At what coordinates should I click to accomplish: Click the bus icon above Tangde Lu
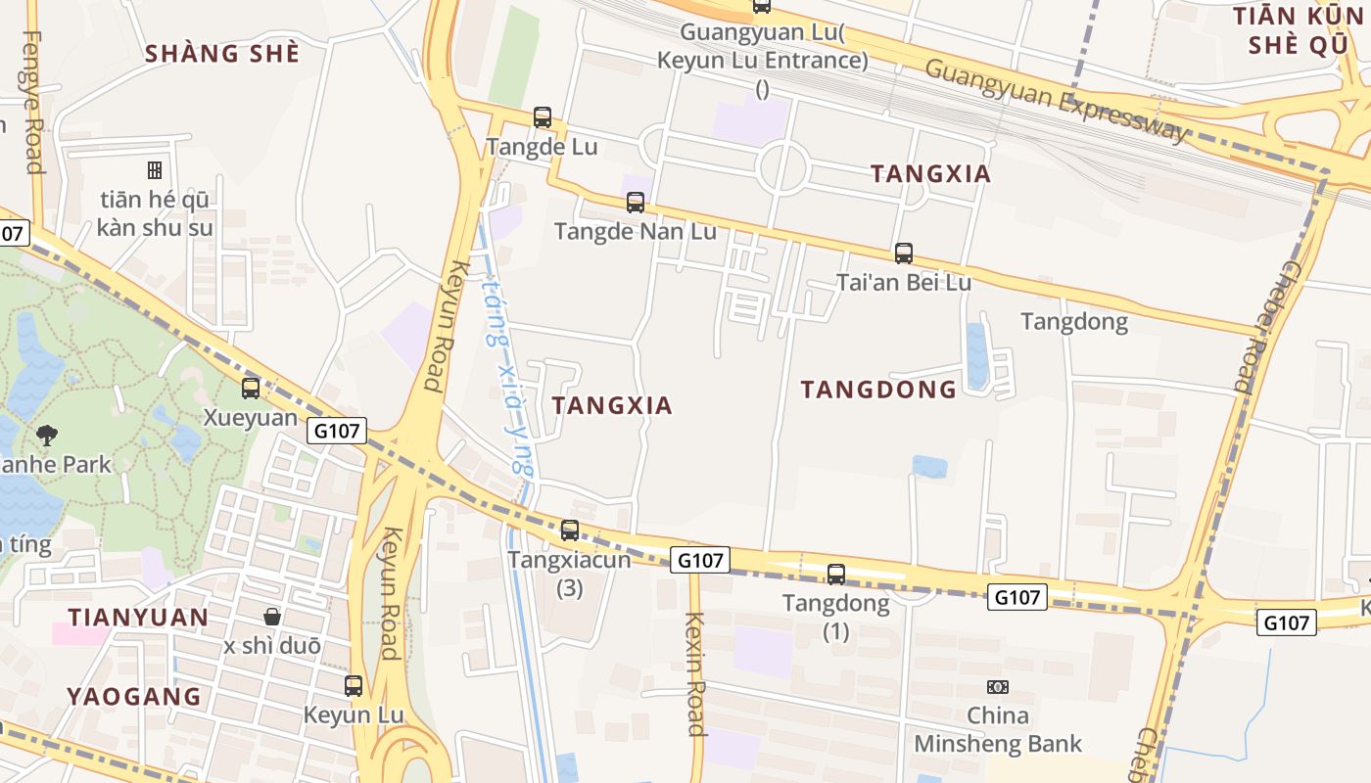[x=543, y=117]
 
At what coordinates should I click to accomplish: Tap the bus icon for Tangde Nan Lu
[x=636, y=203]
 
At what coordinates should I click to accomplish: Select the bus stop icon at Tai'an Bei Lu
[x=904, y=253]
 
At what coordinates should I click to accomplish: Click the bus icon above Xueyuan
[x=251, y=389]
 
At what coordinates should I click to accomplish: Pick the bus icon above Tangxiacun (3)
[x=570, y=530]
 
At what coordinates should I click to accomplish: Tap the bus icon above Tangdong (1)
[x=836, y=575]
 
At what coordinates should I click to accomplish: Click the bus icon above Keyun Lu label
[x=354, y=686]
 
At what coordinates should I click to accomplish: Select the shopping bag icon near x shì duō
[x=272, y=617]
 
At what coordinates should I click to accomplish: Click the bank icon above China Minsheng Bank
[x=998, y=687]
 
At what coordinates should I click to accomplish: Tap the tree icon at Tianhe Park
[x=46, y=436]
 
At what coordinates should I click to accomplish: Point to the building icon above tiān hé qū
[x=155, y=170]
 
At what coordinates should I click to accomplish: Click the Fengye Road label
[x=33, y=102]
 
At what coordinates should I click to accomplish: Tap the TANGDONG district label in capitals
[x=878, y=390]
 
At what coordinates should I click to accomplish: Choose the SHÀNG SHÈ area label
[x=222, y=54]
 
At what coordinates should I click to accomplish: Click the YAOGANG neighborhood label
[x=134, y=697]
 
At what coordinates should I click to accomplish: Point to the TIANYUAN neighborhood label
[x=138, y=618]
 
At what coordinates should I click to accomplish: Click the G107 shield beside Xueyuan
[x=337, y=431]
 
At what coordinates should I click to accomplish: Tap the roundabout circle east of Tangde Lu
[x=782, y=167]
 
